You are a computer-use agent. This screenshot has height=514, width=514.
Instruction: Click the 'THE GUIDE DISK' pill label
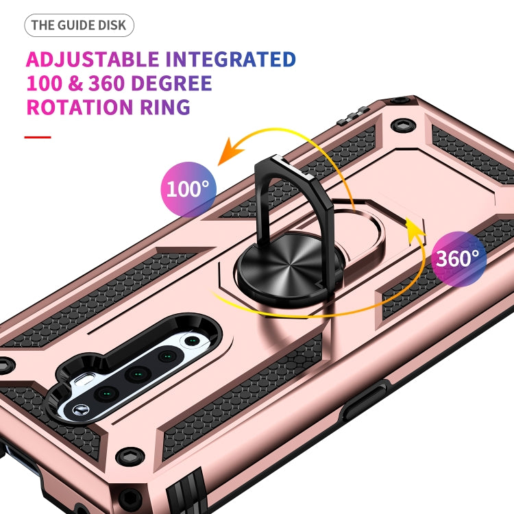pyautogui.click(x=79, y=26)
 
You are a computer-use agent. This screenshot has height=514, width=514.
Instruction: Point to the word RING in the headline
pyautogui.click(x=164, y=108)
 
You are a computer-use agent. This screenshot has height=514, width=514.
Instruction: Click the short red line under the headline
pyautogui.click(x=38, y=137)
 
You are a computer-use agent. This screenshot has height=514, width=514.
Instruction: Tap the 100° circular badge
pyautogui.click(x=188, y=189)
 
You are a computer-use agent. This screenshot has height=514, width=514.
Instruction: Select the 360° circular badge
pyautogui.click(x=458, y=258)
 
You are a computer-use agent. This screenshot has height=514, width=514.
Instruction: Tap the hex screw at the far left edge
pyautogui.click(x=6, y=363)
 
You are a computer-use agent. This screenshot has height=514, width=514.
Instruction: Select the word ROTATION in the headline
pyautogui.click(x=79, y=108)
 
